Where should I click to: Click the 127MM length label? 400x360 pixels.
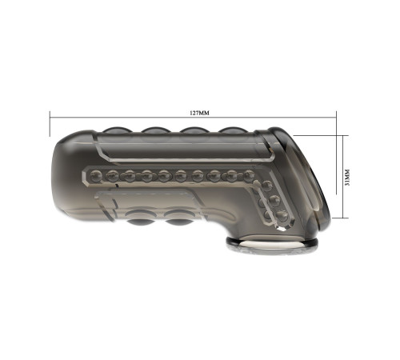tap(199, 113)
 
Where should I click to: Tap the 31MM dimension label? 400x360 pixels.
tap(347, 178)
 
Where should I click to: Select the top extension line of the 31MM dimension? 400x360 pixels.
tap(321, 135)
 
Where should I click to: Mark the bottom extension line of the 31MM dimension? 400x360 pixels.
tap(340, 218)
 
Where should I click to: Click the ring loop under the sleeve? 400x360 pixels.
tap(272, 245)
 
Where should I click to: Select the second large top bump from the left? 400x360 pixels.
tap(155, 130)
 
